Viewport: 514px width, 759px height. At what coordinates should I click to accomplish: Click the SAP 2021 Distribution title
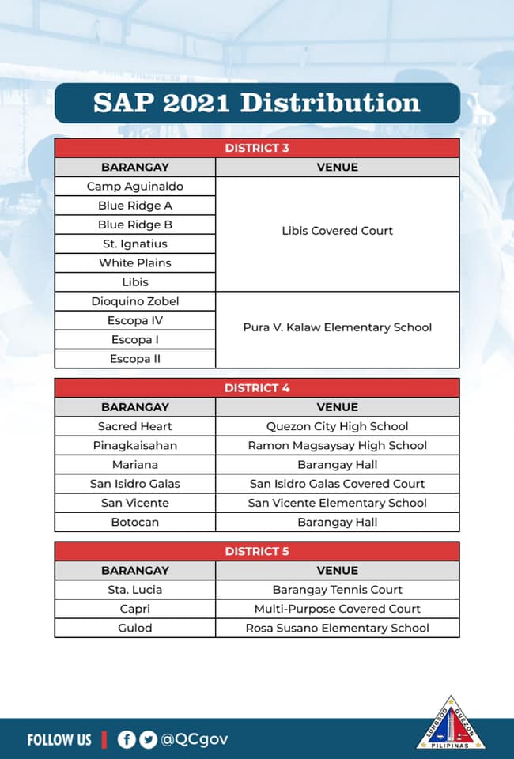click(257, 103)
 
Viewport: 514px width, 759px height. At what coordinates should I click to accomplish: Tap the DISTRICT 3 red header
click(257, 148)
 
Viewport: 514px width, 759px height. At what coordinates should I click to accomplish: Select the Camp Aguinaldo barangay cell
click(135, 187)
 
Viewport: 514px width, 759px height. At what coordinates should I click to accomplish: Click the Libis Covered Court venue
click(338, 231)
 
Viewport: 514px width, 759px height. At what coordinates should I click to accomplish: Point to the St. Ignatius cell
click(135, 244)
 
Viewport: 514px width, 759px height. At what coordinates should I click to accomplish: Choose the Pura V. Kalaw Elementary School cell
click(338, 327)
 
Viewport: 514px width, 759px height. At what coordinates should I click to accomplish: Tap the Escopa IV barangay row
click(135, 320)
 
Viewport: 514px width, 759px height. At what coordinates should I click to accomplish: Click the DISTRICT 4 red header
click(257, 388)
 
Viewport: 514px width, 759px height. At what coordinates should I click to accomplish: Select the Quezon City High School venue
click(338, 426)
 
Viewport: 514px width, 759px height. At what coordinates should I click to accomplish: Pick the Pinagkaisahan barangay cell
click(135, 445)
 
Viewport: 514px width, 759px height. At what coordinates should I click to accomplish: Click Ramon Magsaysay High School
click(338, 445)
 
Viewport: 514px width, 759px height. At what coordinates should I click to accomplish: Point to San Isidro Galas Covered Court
click(338, 484)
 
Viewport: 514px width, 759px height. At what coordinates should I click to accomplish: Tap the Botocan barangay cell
click(135, 522)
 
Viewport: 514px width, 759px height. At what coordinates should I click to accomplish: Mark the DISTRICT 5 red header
click(257, 551)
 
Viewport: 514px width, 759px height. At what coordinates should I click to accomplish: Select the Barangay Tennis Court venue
click(338, 590)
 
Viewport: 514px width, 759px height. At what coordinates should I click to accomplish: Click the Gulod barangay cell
click(135, 628)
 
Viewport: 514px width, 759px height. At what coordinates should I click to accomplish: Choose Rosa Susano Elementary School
click(338, 628)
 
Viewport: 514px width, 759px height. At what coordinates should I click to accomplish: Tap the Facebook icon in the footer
click(127, 739)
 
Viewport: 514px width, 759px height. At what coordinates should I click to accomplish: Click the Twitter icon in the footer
click(148, 739)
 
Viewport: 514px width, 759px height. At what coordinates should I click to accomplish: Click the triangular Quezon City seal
click(451, 723)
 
